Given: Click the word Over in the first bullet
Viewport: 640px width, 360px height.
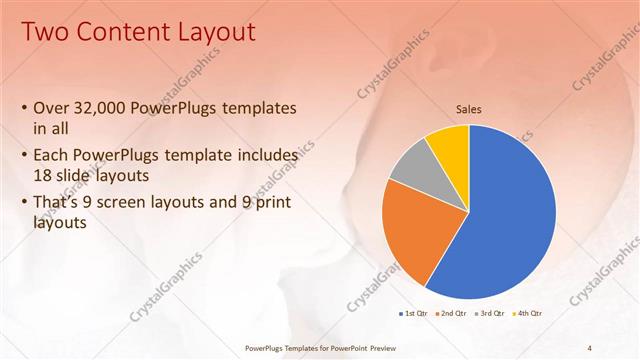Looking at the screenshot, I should click(51, 108).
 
